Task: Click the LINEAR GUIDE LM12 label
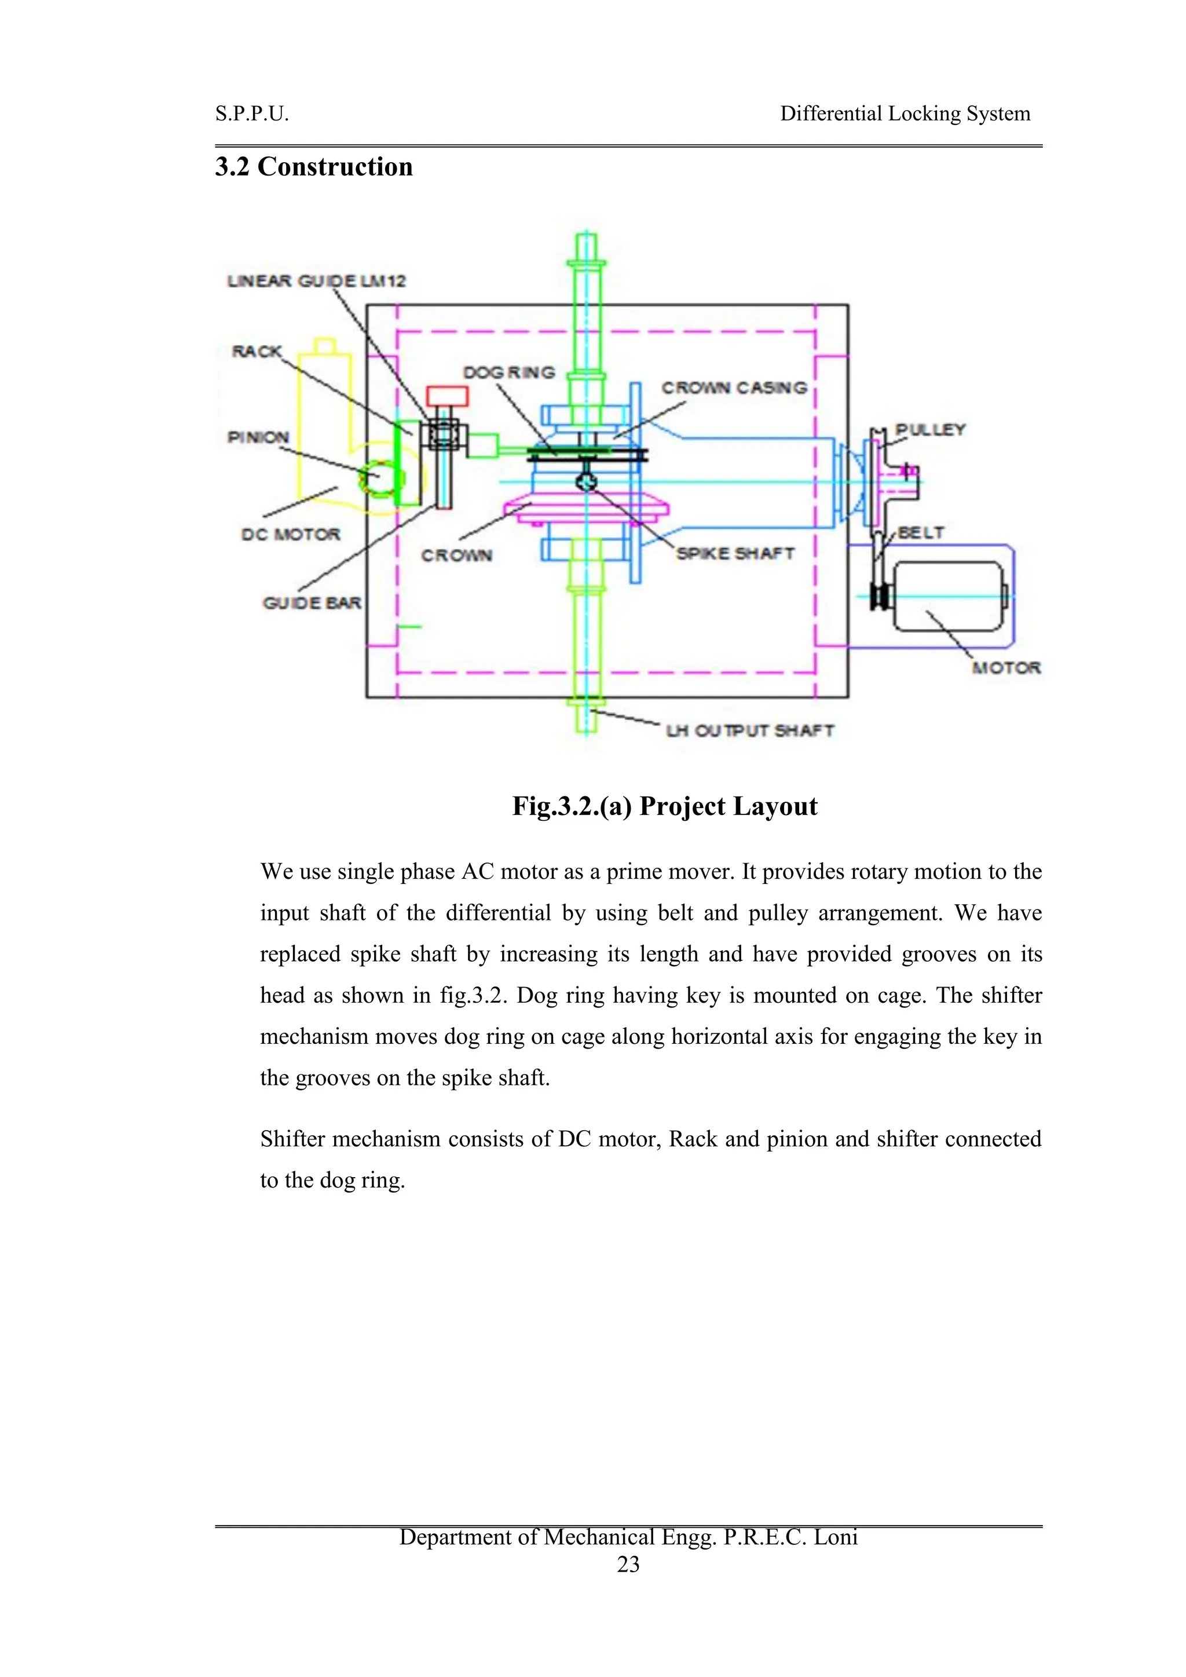click(316, 281)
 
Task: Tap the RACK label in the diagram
click(257, 351)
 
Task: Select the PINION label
click(258, 437)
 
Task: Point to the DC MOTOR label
click(291, 534)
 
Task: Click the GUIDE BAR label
click(312, 602)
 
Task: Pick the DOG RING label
click(509, 372)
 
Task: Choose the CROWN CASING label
click(734, 388)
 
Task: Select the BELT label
click(921, 532)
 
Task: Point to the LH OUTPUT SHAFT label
click(749, 730)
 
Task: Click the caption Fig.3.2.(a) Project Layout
click(665, 806)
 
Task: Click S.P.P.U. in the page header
click(252, 114)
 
